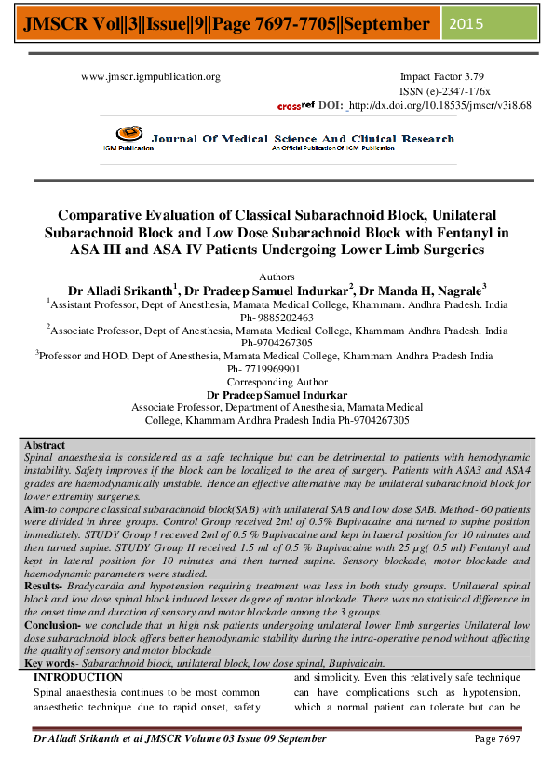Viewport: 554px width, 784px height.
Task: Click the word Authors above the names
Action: coord(277,276)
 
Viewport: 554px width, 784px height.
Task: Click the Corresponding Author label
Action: coord(277,382)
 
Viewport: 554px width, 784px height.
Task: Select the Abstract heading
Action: coord(45,446)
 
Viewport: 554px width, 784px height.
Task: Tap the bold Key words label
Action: coord(48,662)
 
